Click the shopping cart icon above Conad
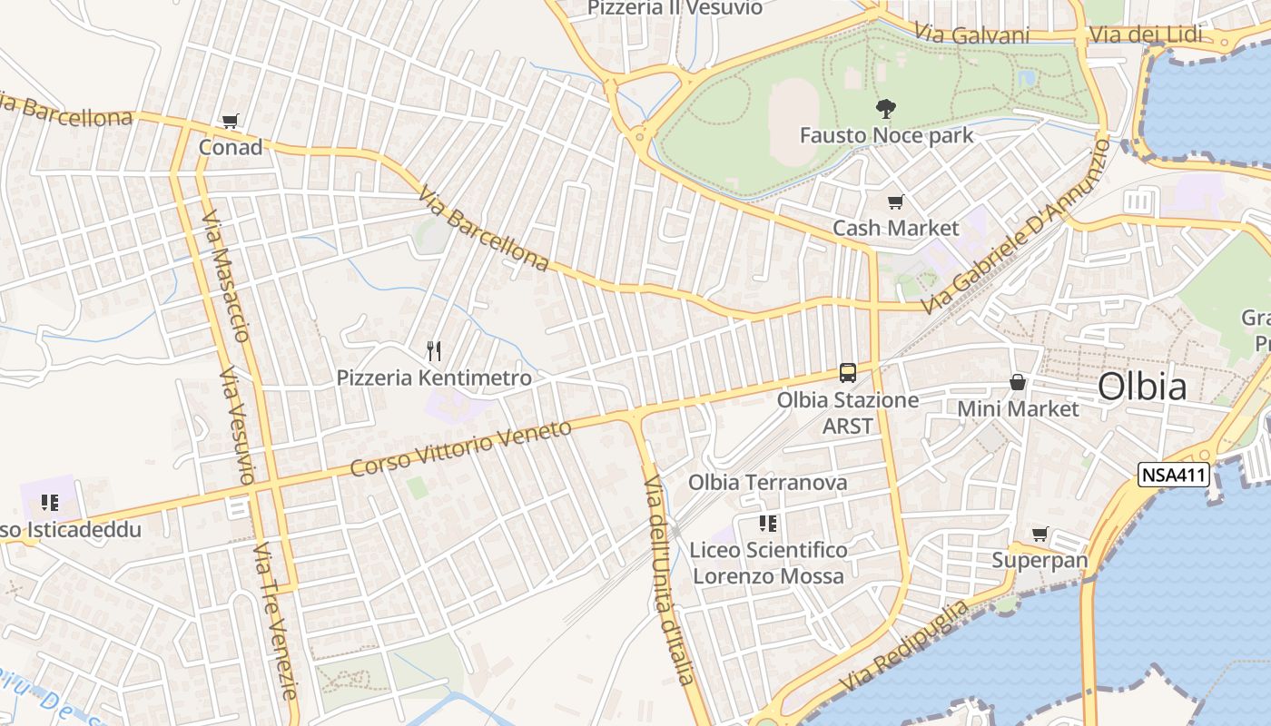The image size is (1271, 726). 230,121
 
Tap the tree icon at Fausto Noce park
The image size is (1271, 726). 885,109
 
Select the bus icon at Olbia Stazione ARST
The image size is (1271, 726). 847,373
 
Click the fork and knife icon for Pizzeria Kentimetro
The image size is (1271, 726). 434,350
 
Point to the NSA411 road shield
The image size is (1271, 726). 1175,474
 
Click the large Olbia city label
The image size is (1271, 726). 1141,387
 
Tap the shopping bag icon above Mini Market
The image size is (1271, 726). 1018,382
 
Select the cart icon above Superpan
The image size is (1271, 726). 1039,535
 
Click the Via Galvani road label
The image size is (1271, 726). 971,34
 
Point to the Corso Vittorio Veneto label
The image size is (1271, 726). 460,447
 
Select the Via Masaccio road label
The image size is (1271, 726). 226,277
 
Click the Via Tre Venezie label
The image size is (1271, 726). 276,622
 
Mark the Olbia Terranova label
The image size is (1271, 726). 767,482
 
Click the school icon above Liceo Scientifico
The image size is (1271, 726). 767,524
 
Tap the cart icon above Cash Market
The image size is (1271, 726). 895,202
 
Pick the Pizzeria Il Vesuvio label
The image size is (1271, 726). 675,8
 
